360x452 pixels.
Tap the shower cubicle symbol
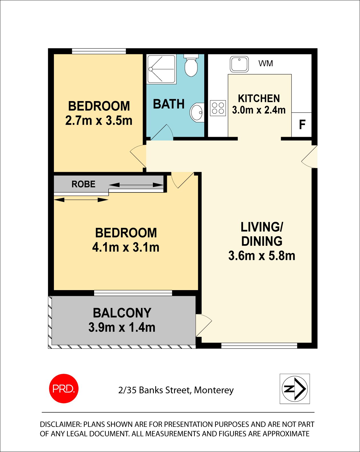point(161,69)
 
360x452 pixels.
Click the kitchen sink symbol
point(239,64)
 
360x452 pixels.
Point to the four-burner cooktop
point(218,108)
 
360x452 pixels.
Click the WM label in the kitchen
point(266,63)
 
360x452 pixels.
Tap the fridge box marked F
point(302,125)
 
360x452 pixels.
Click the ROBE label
point(83,184)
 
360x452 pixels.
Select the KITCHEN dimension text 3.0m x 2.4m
point(259,110)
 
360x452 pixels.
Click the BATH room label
point(169,104)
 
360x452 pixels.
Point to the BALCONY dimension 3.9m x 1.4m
point(122,328)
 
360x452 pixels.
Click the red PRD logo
point(64,389)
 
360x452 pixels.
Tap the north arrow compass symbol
point(295,389)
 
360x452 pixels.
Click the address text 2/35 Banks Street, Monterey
point(176,390)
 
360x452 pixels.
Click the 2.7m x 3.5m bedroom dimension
point(99,120)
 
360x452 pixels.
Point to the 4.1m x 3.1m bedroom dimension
point(126,247)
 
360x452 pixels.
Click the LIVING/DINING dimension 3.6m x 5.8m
point(262,256)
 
